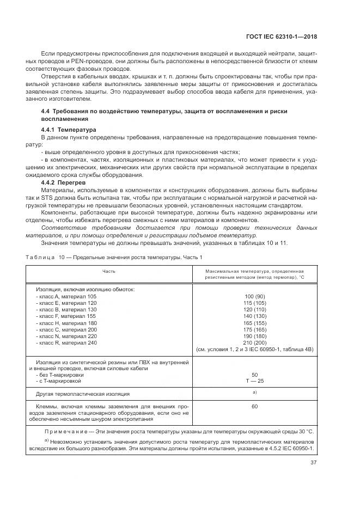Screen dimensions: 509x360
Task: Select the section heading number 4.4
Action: (46, 111)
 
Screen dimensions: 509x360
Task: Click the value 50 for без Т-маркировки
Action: (254, 375)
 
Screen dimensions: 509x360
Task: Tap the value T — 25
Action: (254, 381)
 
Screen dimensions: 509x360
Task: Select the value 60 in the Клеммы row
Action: (254, 406)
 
